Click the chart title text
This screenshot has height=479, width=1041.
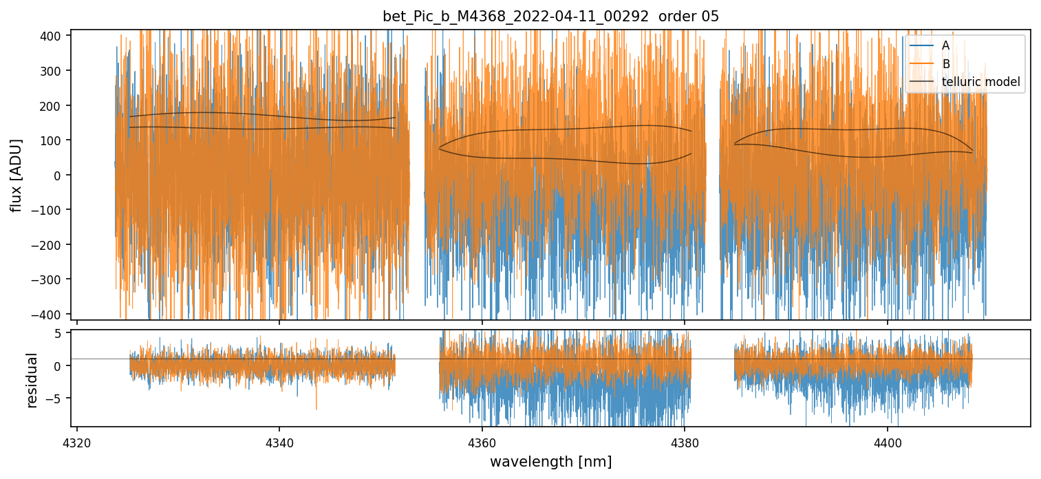[x=550, y=17]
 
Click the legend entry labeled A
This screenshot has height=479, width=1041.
[x=945, y=45]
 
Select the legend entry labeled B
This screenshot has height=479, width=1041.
[x=945, y=64]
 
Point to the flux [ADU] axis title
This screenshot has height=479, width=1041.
[x=15, y=175]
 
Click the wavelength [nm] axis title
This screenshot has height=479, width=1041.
[x=550, y=461]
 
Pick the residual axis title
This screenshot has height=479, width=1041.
[x=32, y=380]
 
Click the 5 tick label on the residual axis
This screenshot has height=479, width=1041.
[x=58, y=333]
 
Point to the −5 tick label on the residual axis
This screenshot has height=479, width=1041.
[x=55, y=398]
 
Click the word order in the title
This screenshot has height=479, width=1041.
[x=678, y=17]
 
